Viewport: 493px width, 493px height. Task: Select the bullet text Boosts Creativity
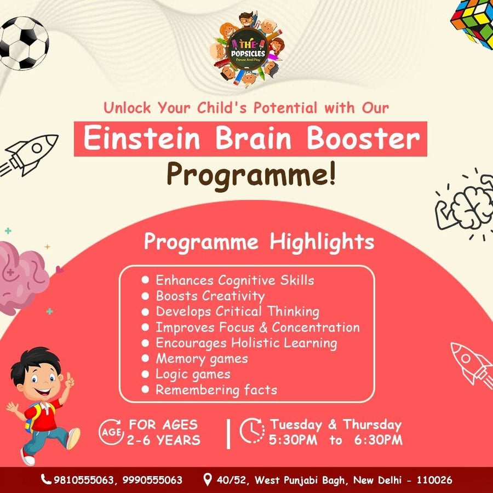tap(210, 296)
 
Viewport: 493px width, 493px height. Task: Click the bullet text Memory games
tap(202, 359)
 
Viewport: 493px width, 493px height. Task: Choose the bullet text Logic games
tap(193, 375)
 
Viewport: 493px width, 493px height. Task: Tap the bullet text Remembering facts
tap(216, 390)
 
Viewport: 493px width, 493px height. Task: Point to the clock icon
tap(252, 431)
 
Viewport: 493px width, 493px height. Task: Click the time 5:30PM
tap(293, 440)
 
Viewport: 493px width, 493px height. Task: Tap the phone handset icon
tap(46, 480)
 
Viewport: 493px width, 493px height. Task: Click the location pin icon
tap(207, 480)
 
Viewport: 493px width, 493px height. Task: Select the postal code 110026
tap(434, 480)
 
